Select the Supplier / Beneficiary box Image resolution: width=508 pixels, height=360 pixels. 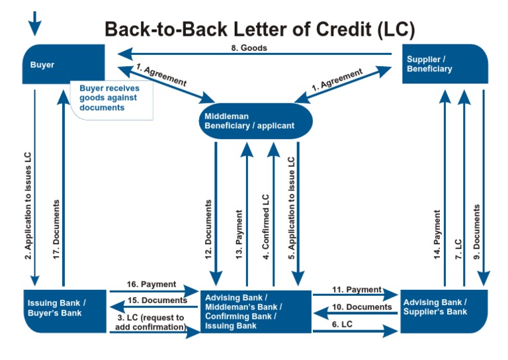[444, 64]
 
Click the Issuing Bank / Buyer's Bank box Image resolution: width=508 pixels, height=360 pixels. [64, 308]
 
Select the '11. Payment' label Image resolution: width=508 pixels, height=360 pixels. [357, 290]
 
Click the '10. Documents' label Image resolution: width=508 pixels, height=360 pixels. [361, 306]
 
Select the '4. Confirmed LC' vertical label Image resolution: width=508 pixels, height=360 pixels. [266, 225]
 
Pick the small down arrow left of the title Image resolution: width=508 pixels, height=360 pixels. [34, 23]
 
